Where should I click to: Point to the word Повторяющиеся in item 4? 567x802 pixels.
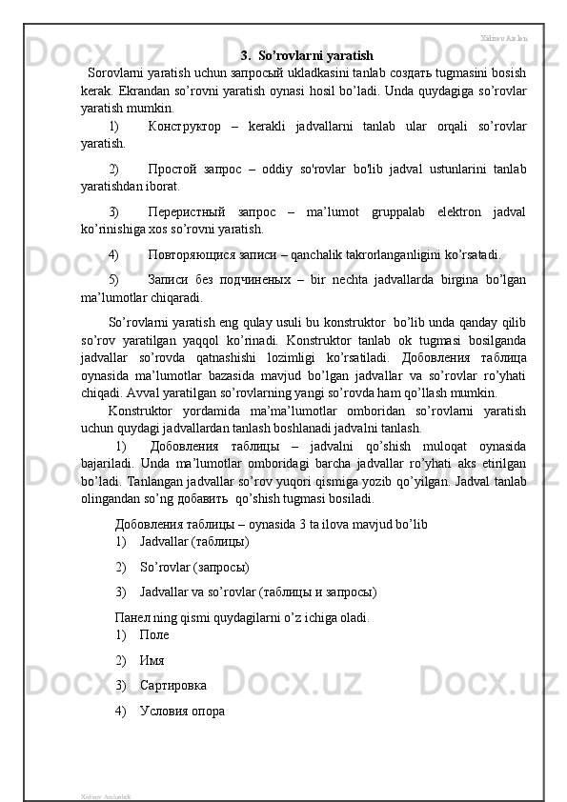click(x=192, y=254)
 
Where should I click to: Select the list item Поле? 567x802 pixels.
click(x=154, y=634)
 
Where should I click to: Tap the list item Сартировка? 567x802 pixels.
click(x=172, y=685)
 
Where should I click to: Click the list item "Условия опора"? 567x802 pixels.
click(x=182, y=710)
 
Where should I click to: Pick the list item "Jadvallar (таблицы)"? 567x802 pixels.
click(x=194, y=542)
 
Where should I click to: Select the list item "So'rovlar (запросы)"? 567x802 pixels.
click(x=194, y=567)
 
